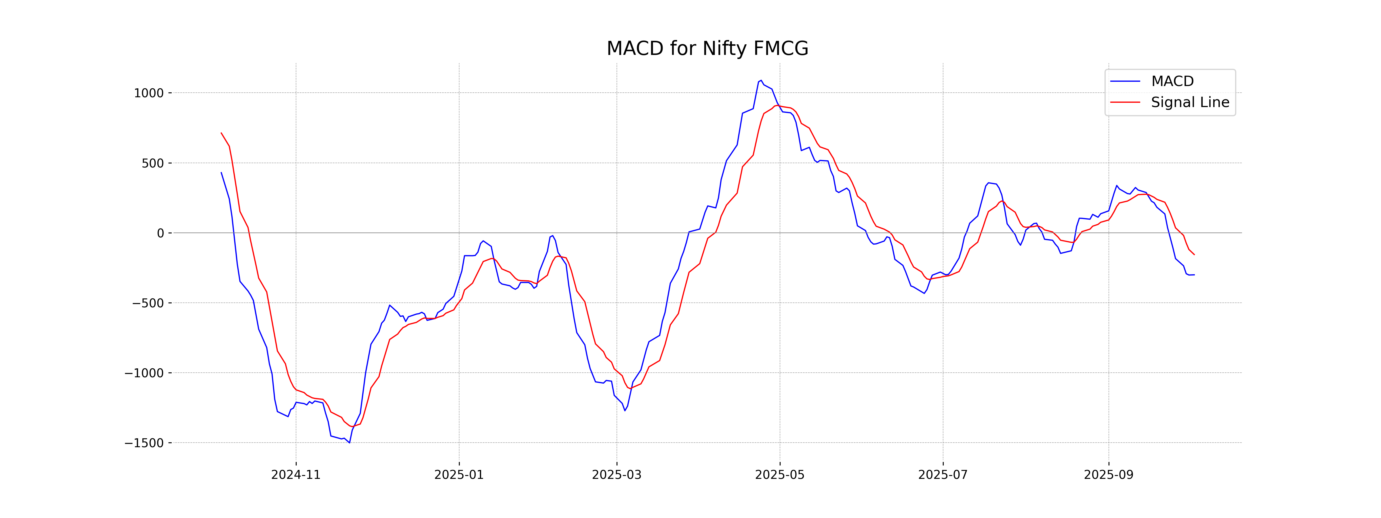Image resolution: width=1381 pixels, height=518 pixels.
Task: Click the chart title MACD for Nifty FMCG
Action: point(707,49)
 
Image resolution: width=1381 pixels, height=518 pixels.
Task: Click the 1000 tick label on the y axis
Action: point(148,93)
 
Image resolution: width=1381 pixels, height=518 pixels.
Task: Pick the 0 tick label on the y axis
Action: point(160,233)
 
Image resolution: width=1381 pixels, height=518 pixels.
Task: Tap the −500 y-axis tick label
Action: point(148,304)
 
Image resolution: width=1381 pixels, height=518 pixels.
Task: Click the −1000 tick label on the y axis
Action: point(144,373)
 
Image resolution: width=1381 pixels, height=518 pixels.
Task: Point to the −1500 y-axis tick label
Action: point(144,443)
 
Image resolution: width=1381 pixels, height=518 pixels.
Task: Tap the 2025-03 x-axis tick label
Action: point(617,475)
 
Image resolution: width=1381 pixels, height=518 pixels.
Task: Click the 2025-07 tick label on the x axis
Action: point(943,475)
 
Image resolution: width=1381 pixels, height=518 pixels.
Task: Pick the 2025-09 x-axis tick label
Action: point(1109,475)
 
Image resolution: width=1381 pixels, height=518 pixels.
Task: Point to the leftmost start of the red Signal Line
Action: point(222,133)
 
